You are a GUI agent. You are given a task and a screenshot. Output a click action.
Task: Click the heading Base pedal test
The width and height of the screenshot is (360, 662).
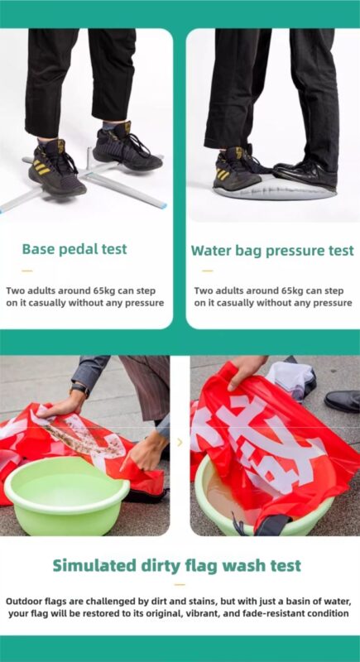coord(74,249)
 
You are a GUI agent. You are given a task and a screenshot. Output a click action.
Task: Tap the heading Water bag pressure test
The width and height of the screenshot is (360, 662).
coord(272,251)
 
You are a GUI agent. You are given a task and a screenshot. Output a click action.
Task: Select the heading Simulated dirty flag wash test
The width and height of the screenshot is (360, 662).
coord(177,565)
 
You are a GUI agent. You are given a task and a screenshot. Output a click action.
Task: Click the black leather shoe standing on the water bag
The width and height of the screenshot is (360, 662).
coord(305,172)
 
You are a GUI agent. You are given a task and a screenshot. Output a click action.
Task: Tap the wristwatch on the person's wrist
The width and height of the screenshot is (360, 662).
coord(79,389)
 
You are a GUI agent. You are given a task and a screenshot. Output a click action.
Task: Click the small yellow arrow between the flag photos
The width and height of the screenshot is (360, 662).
coord(180,443)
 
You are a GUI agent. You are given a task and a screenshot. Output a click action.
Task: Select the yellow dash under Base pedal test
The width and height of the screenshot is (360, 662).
coord(27,271)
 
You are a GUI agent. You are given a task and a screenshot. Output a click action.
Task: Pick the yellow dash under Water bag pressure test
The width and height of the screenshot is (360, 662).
coord(207,271)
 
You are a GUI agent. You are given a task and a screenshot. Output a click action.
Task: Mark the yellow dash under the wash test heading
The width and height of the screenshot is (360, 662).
coord(180,585)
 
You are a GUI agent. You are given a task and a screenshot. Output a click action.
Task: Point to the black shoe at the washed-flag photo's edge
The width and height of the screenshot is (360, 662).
coord(343,401)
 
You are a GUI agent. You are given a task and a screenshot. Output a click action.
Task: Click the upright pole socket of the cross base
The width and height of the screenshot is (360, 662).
coord(89,157)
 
